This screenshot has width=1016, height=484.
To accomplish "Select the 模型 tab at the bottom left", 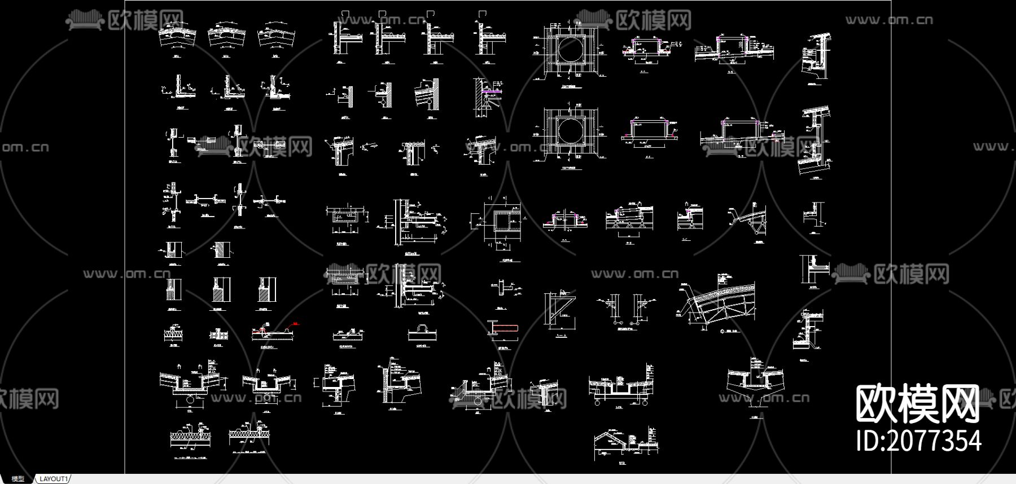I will pyautogui.click(x=18, y=479).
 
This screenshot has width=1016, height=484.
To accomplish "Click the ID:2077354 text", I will pyautogui.click(x=918, y=441).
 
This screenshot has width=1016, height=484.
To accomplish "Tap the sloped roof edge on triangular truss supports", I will pyautogui.click(x=629, y=217).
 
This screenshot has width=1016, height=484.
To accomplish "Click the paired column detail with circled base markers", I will pyautogui.click(x=625, y=307).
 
